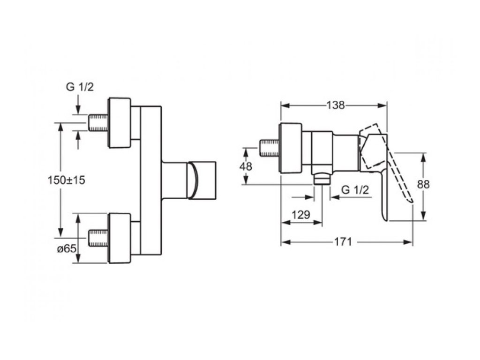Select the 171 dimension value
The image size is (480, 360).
coord(343,242)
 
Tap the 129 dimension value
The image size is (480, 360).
coord(301,215)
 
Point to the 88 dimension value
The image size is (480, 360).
coord(423,184)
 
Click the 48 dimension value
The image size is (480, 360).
coord(246,166)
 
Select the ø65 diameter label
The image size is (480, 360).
coord(67,249)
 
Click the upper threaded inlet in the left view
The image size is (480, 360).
coord(98,123)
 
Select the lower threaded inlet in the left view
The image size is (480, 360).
coord(98,238)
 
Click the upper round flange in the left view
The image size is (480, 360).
coord(119,123)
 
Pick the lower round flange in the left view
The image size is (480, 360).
coord(119,238)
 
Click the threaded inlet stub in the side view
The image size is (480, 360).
coord(270,148)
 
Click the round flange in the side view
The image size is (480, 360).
coord(291,148)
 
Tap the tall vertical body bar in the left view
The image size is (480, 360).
coord(150,180)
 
